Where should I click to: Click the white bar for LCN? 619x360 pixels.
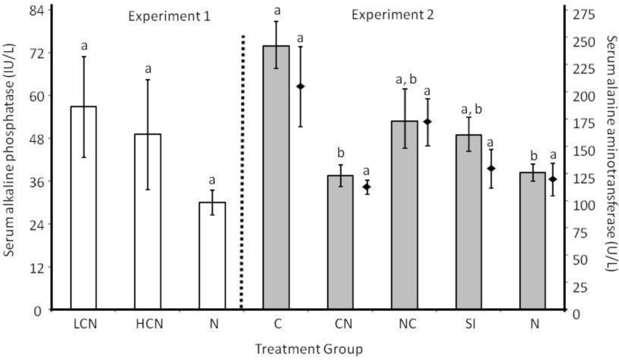pyautogui.click(x=83, y=208)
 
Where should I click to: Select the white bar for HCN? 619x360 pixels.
pyautogui.click(x=147, y=222)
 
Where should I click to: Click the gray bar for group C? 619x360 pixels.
pyautogui.click(x=276, y=178)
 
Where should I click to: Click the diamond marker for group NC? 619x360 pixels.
pyautogui.click(x=427, y=121)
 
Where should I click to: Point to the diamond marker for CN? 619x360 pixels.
pyautogui.click(x=366, y=187)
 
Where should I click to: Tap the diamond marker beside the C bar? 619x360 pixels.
pyautogui.click(x=300, y=86)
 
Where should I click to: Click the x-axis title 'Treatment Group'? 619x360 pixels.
pyautogui.click(x=308, y=349)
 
